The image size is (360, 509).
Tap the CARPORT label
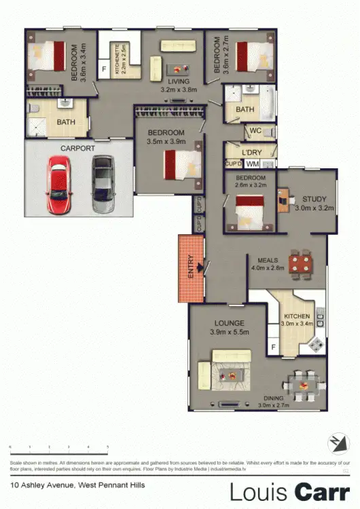coord(77,147)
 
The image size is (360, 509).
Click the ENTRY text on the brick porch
coord(191,267)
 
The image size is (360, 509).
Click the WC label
coord(256,130)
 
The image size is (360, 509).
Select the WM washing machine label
coord(252,164)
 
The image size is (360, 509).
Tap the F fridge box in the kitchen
coord(272,349)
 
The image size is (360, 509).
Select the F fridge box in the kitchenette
coord(104,69)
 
